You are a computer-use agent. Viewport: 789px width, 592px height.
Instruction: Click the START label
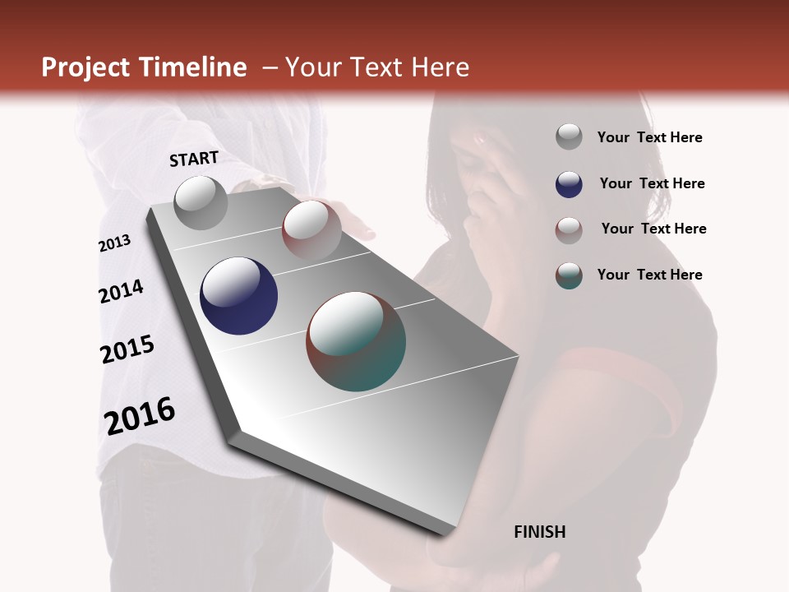pyautogui.click(x=194, y=159)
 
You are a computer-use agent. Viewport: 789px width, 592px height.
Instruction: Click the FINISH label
pyautogui.click(x=539, y=532)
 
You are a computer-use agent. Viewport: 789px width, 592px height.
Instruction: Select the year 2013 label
pyautogui.click(x=114, y=243)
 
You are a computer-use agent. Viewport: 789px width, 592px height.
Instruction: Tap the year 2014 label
pyautogui.click(x=121, y=291)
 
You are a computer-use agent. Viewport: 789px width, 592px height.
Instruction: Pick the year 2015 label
pyautogui.click(x=127, y=349)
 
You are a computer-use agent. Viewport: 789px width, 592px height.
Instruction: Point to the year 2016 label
pyautogui.click(x=140, y=416)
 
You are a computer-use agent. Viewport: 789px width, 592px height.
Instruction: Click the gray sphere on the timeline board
pyautogui.click(x=201, y=202)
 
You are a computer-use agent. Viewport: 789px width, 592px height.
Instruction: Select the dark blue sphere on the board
pyautogui.click(x=238, y=296)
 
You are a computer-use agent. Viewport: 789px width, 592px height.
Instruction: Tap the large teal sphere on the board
pyautogui.click(x=356, y=341)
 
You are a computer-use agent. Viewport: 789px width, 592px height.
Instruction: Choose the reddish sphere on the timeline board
pyautogui.click(x=311, y=229)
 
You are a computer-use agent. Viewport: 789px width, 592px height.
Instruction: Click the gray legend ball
pyautogui.click(x=569, y=136)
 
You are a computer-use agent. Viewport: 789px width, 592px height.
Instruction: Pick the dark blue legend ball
pyautogui.click(x=569, y=184)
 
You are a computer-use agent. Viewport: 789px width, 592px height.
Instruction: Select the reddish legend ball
pyautogui.click(x=569, y=229)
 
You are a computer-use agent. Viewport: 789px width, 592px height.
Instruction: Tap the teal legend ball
pyautogui.click(x=569, y=275)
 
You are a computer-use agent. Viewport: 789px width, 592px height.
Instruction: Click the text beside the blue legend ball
pyautogui.click(x=652, y=183)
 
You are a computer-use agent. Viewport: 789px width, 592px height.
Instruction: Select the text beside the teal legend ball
pyautogui.click(x=649, y=275)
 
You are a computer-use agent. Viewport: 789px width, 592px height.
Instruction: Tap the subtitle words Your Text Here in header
pyautogui.click(x=376, y=67)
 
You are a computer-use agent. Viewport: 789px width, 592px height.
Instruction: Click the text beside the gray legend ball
pyautogui.click(x=649, y=137)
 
